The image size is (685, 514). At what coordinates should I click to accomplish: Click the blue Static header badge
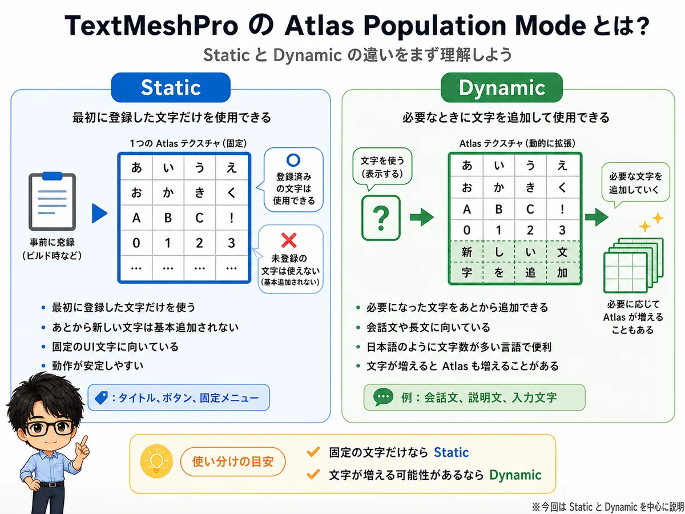coord(171,87)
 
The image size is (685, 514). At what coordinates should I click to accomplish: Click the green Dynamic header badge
coord(502,87)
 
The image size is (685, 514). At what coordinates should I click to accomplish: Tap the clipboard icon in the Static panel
coord(52,201)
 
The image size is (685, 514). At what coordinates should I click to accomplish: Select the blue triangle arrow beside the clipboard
coord(99,214)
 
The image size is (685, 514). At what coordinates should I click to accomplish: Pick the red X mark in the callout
coord(289,240)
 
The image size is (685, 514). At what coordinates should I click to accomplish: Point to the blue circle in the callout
coord(293,160)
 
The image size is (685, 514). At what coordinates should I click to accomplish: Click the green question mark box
coord(381,218)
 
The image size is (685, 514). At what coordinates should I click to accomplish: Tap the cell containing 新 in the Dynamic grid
coord(467,252)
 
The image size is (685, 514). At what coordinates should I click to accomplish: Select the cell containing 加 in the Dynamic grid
coord(563,273)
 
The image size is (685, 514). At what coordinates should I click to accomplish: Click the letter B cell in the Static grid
coord(168,218)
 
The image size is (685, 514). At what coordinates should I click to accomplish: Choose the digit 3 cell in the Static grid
coord(231,243)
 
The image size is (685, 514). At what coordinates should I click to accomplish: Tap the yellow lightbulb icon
coord(156,461)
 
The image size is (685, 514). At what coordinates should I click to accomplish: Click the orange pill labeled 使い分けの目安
coord(233,461)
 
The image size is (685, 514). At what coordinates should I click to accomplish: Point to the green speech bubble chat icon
coord(383,397)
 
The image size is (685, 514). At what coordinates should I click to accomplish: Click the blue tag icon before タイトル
coord(101,398)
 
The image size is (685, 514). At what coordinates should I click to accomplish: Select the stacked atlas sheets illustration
coord(634,265)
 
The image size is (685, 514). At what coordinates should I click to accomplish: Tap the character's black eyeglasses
coord(50,428)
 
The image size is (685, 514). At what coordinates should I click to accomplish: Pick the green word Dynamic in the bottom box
coord(515,475)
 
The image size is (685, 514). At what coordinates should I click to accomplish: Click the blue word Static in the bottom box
coord(452,452)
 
